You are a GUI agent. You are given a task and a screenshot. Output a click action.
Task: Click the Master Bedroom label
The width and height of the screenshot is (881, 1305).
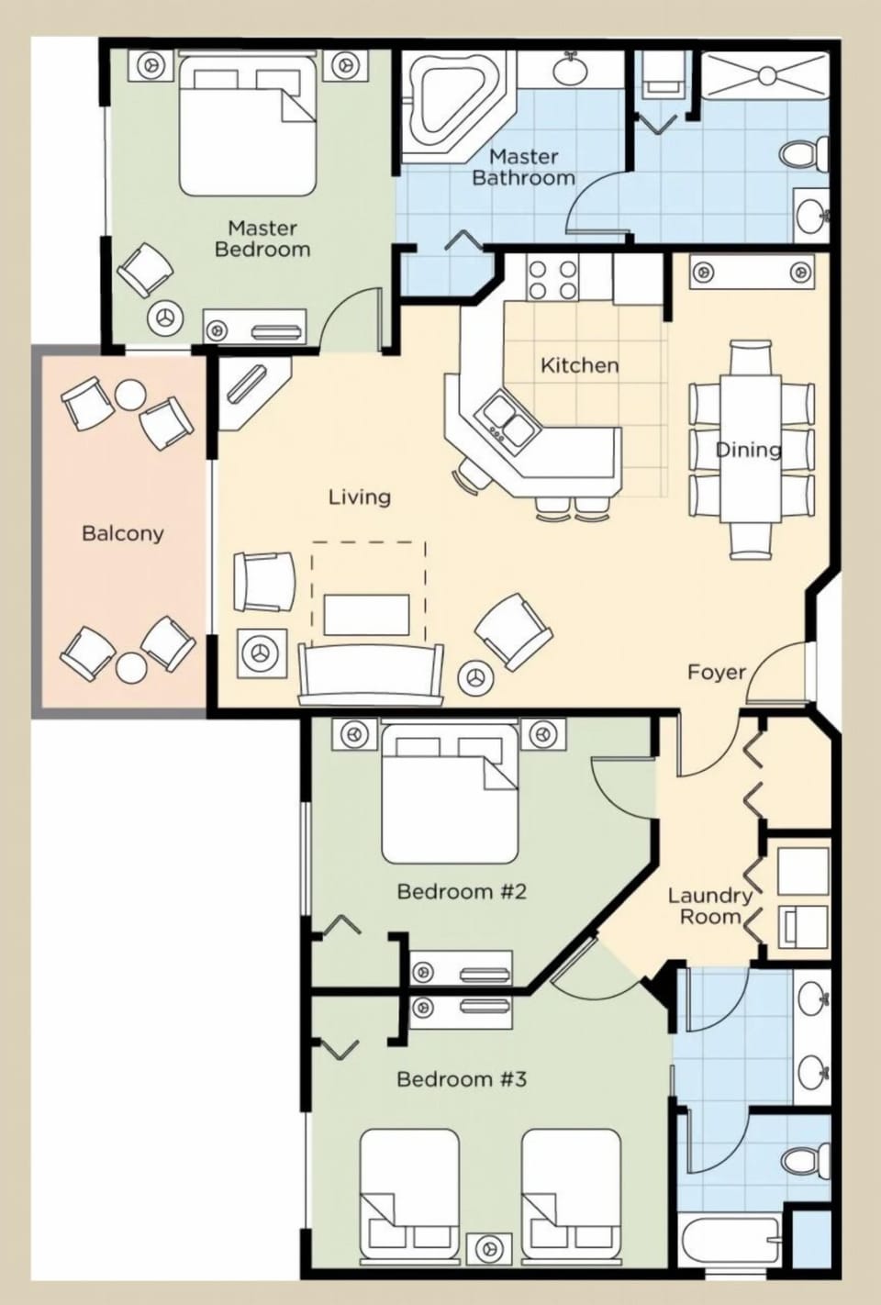click(262, 238)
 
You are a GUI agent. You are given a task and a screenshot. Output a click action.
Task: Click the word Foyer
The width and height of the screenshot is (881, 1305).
click(717, 672)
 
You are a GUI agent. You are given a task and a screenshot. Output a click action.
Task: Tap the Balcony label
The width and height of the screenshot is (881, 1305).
click(122, 532)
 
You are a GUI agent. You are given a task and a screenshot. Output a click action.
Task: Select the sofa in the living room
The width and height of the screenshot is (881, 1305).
click(371, 675)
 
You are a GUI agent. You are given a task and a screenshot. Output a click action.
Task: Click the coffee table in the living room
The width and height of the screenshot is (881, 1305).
click(366, 614)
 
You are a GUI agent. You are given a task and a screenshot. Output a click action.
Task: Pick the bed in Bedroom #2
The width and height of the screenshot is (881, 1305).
click(450, 794)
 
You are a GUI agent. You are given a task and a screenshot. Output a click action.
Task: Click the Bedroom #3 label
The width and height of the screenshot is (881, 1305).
click(461, 1078)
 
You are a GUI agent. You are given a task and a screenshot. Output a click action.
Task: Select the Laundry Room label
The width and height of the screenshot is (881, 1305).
click(709, 906)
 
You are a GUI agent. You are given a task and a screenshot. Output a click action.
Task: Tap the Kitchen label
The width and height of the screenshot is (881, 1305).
click(579, 365)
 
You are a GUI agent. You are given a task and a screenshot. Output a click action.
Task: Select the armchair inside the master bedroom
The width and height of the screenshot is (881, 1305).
click(144, 270)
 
